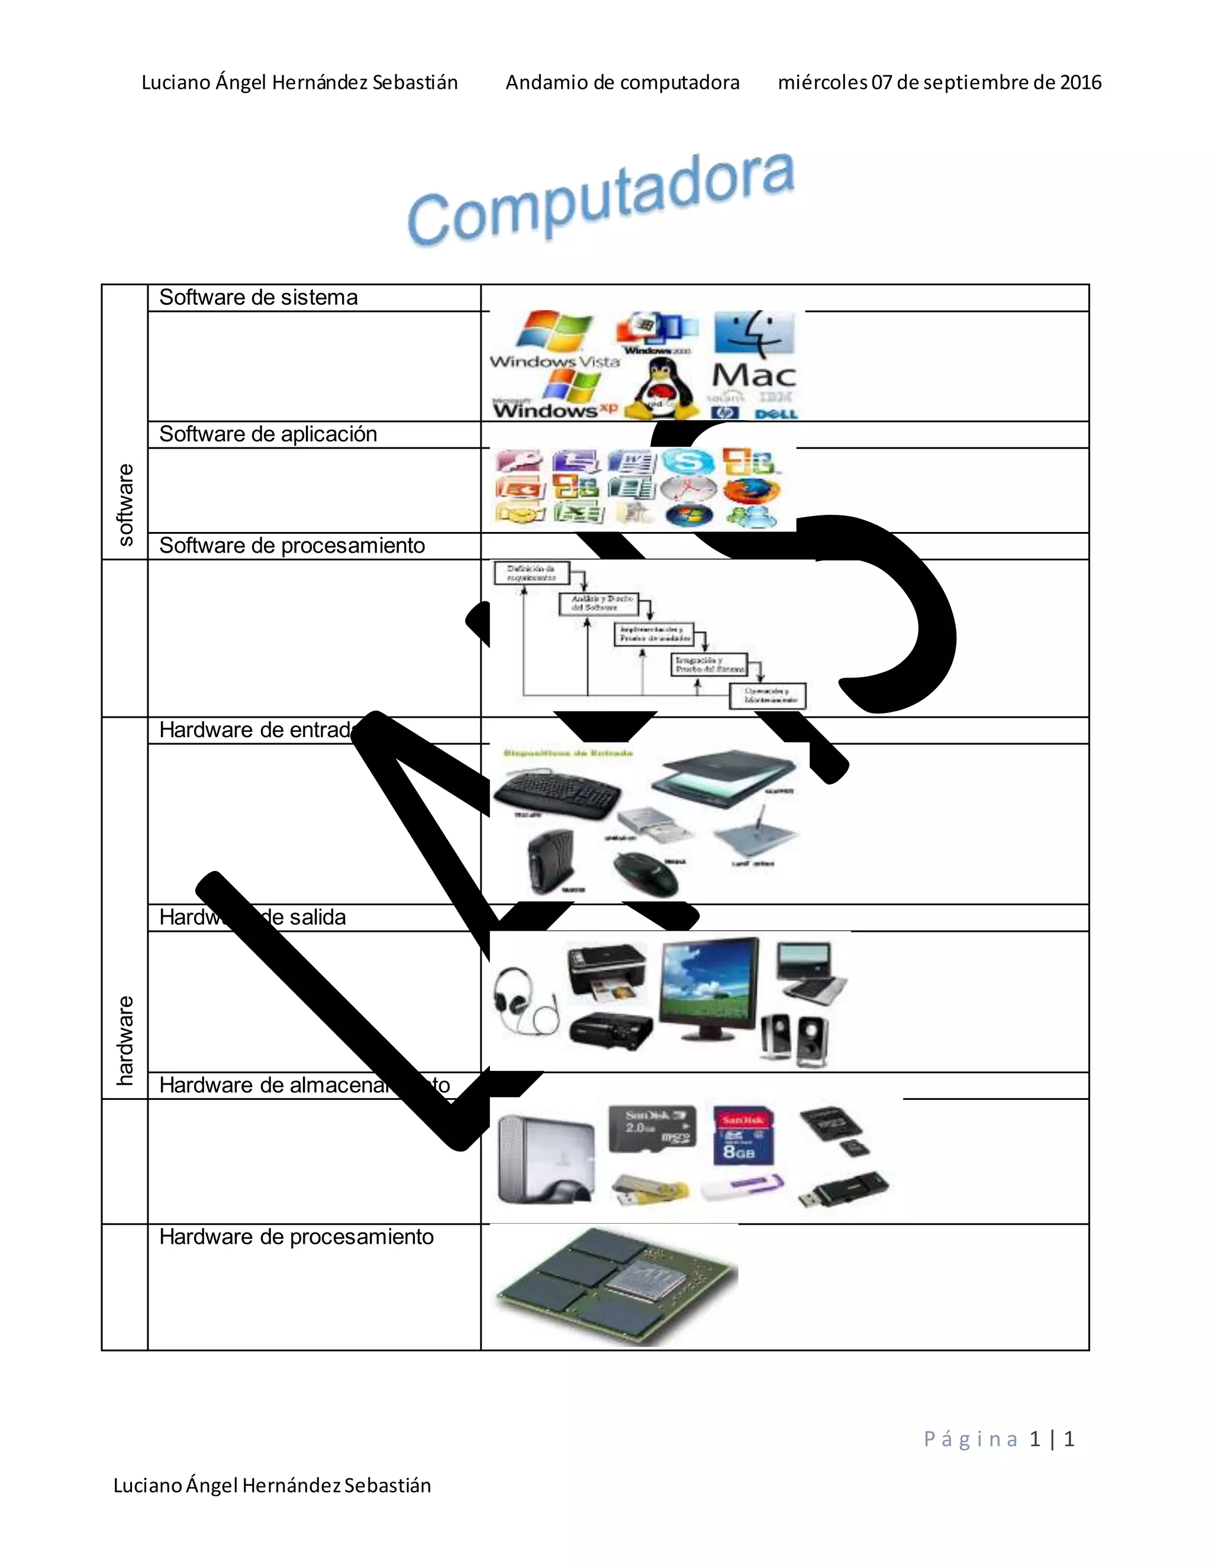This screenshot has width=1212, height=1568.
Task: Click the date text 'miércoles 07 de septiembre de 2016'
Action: point(939,83)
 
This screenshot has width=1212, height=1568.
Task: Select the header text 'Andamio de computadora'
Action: point(622,83)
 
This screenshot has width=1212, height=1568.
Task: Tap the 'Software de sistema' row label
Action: point(258,297)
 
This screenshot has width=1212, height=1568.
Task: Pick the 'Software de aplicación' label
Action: point(268,434)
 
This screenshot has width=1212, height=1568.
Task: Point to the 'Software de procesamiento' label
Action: point(292,546)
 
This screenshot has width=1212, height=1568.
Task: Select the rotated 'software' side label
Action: point(125,504)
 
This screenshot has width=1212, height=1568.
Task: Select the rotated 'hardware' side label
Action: point(125,1040)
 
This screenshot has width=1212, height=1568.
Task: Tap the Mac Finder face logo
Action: point(754,334)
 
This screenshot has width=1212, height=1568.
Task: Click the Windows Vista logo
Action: point(555,340)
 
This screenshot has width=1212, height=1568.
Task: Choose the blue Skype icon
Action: point(687,462)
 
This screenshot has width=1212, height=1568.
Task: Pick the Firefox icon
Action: point(751,491)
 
